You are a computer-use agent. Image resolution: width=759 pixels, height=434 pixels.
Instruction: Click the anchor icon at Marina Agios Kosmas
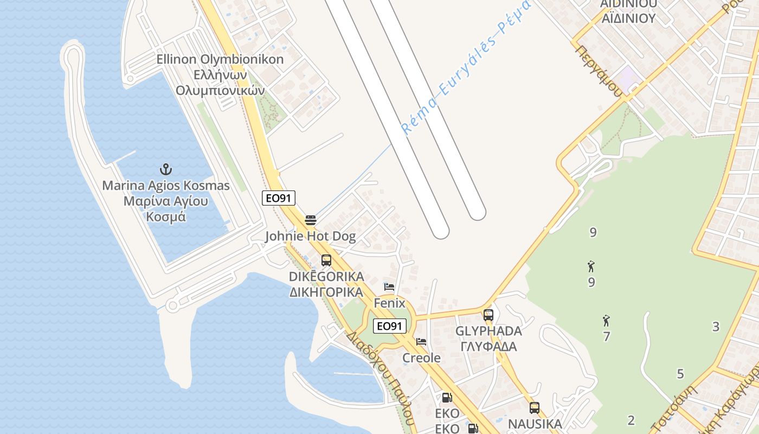166,169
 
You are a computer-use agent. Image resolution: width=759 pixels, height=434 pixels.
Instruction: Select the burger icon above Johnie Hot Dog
311,220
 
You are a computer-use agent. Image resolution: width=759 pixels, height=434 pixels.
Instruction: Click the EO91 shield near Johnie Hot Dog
279,198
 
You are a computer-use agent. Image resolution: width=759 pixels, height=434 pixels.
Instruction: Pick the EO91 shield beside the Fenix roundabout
390,325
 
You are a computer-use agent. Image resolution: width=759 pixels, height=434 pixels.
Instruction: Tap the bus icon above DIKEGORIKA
326,260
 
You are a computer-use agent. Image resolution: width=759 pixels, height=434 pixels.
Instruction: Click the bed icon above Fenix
389,286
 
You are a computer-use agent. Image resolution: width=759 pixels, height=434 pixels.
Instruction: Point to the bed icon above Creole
421,342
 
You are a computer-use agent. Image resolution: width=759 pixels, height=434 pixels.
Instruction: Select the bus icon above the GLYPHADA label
488,315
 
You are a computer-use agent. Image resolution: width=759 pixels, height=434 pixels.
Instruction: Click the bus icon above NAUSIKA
535,407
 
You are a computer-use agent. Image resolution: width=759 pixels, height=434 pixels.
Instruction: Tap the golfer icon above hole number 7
606,321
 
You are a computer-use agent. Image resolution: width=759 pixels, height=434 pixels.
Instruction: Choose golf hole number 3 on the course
716,327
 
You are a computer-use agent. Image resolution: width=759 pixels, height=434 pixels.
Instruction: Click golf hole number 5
680,374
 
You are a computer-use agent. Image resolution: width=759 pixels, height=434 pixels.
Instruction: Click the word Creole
421,358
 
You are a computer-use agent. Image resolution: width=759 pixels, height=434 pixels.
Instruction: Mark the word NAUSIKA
535,424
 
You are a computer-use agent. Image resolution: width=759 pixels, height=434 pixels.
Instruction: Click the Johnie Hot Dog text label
310,236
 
